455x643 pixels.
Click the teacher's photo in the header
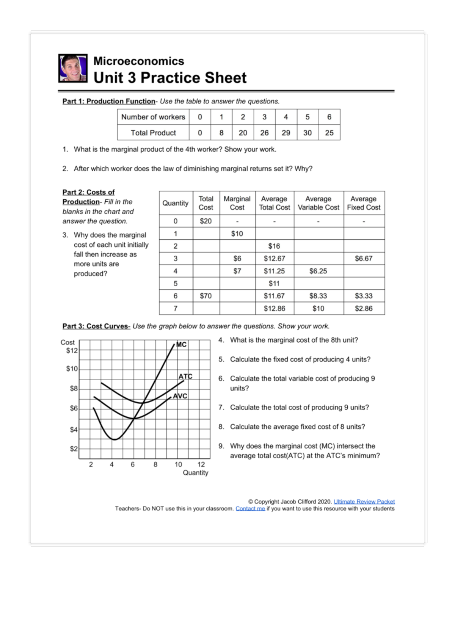[x=73, y=68]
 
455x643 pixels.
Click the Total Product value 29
[x=286, y=133]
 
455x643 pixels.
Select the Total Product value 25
[x=329, y=133]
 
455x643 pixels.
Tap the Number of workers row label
[x=153, y=117]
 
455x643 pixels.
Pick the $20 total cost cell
[x=206, y=221]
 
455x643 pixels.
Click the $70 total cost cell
[x=206, y=296]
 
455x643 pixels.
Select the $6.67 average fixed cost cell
[x=364, y=259]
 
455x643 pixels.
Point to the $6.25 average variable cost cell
[x=318, y=271]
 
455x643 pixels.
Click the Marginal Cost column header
[x=237, y=203]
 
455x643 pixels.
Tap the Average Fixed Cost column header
[x=364, y=203]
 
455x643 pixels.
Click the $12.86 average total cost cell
[x=275, y=308]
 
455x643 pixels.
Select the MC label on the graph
[x=181, y=345]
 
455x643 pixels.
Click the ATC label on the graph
[x=185, y=376]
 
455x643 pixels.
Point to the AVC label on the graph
[x=180, y=396]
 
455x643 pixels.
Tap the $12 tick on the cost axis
[x=72, y=350]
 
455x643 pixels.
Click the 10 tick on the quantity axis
[x=178, y=464]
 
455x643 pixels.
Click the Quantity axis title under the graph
[x=195, y=473]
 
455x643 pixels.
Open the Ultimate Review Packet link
[x=364, y=502]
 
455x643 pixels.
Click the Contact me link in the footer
[x=250, y=508]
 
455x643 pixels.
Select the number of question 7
[x=221, y=408]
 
